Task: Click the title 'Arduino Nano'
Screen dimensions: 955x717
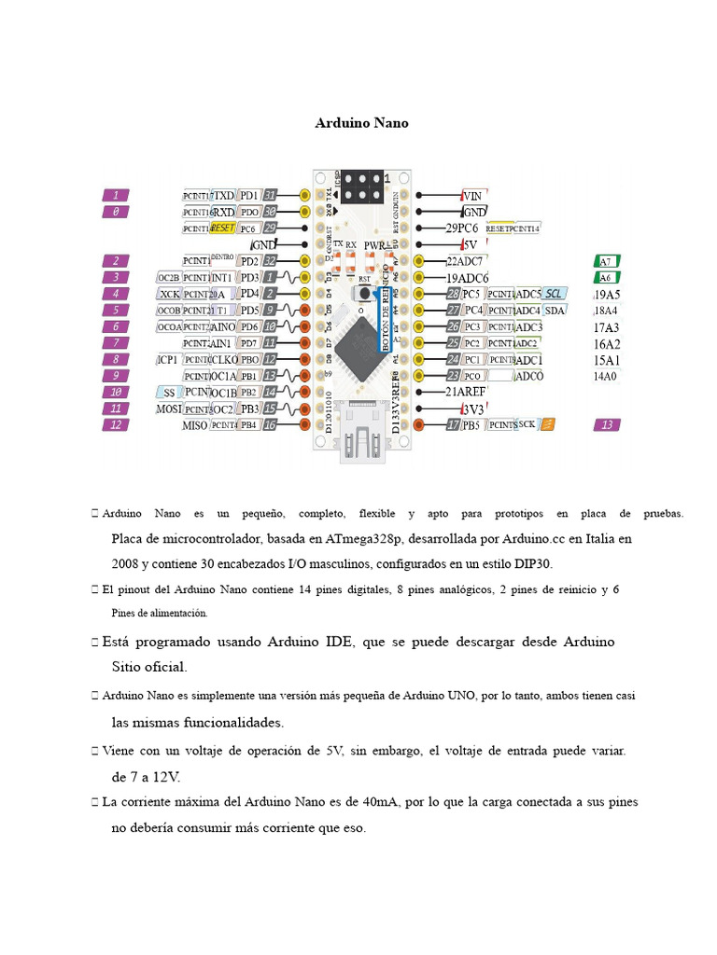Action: coord(361,123)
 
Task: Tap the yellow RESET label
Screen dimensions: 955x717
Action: coord(223,228)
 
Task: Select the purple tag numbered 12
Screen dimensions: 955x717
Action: coord(116,424)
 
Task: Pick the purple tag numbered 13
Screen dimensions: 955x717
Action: coord(607,424)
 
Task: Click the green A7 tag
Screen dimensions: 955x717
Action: coord(607,262)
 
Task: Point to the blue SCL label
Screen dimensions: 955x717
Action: coord(555,294)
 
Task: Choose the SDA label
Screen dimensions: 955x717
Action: coord(555,310)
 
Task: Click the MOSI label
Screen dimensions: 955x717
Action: coord(169,408)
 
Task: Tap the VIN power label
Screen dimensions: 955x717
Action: coord(472,196)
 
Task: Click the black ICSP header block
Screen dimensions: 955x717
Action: coord(360,187)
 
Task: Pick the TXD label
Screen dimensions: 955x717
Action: coord(224,196)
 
